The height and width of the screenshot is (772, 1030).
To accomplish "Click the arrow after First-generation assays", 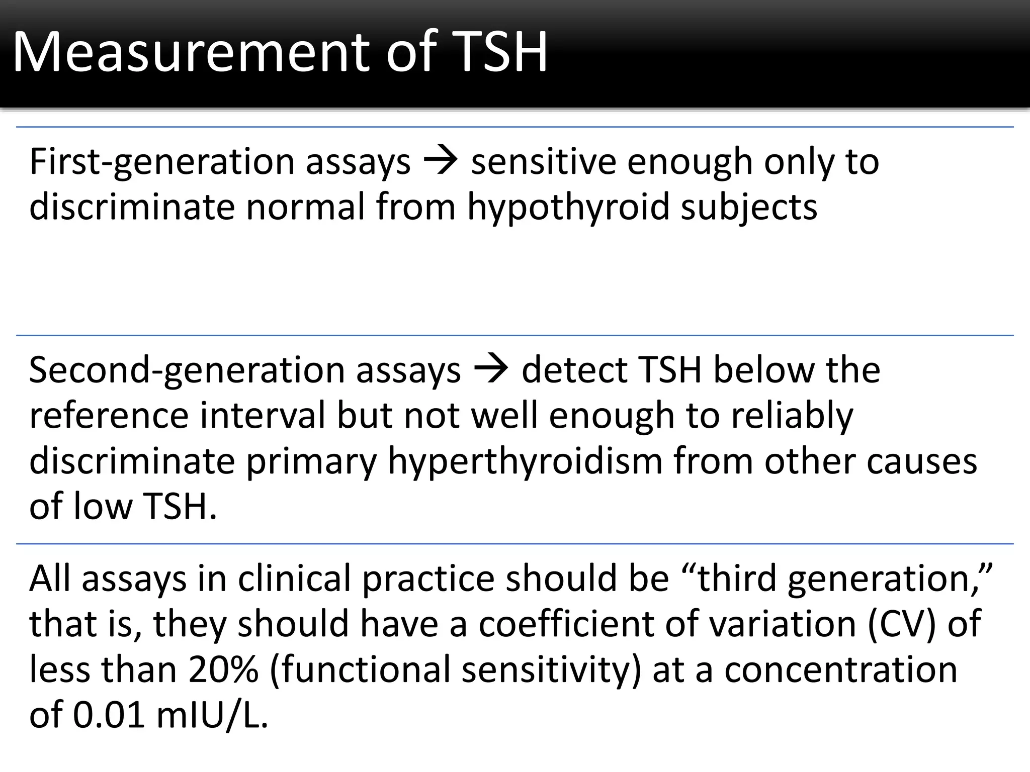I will [x=441, y=162].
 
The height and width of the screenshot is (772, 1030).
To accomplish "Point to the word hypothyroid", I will [x=568, y=207].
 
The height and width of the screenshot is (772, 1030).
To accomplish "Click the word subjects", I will [x=749, y=207].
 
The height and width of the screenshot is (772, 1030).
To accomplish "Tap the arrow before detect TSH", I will [x=491, y=370].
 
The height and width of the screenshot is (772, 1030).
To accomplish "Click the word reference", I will [x=109, y=416].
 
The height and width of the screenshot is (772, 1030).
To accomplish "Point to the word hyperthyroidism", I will [x=525, y=461].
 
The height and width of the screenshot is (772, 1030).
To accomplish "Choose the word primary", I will [x=311, y=461].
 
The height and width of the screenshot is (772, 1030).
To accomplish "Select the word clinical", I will [x=294, y=578].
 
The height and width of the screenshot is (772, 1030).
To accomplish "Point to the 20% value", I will [x=223, y=670].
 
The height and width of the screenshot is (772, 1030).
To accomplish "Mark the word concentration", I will [x=840, y=670].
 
